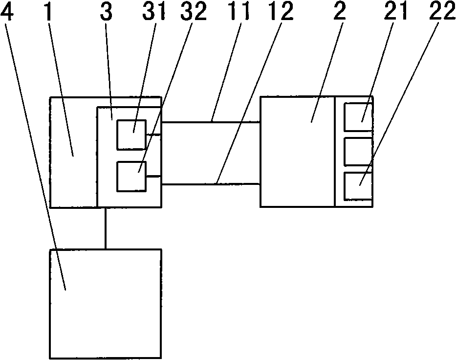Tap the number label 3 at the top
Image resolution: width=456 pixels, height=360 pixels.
click(x=109, y=12)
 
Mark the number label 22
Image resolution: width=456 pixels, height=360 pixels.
click(x=439, y=12)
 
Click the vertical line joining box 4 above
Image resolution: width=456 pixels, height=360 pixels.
click(x=105, y=228)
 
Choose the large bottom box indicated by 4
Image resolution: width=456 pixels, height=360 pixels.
click(x=105, y=303)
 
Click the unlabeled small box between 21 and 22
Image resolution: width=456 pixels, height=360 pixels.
click(x=358, y=151)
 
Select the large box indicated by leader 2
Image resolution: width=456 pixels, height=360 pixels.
click(x=297, y=152)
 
